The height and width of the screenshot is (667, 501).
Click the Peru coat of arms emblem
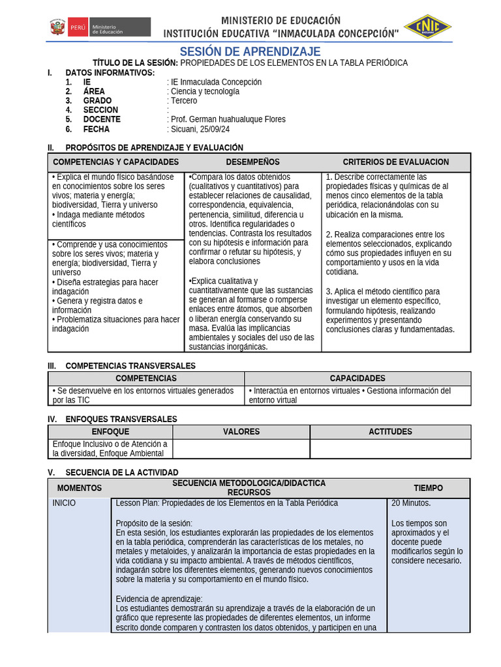(57, 27)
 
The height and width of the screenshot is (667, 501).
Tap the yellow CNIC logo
(428, 27)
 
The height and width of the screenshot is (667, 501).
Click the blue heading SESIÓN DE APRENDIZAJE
(250, 51)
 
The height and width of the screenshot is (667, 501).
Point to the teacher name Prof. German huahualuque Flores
(227, 119)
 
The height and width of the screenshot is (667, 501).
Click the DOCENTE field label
(102, 119)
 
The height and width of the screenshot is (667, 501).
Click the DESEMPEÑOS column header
(252, 162)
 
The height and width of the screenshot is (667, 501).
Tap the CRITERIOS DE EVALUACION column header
(395, 162)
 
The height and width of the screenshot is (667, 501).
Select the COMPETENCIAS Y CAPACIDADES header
(115, 162)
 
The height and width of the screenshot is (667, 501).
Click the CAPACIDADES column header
(357, 378)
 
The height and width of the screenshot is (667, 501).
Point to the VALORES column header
(241, 431)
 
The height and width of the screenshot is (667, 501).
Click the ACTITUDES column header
(390, 431)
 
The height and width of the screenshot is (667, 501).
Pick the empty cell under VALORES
(241, 449)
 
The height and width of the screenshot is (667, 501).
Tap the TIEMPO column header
(428, 488)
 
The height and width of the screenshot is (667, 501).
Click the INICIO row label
(64, 503)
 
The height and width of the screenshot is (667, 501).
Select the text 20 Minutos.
(411, 503)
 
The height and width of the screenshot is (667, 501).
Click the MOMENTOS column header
(80, 488)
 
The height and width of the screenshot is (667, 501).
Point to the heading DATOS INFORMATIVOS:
(110, 72)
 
